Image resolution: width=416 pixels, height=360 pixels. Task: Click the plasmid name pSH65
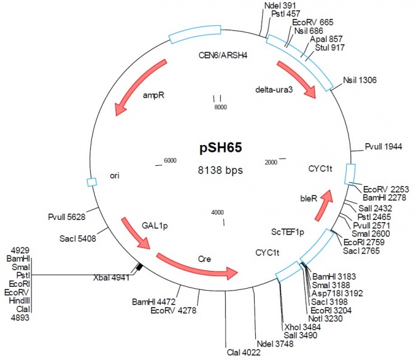click(x=217, y=148)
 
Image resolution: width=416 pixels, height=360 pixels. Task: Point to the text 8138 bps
click(x=217, y=170)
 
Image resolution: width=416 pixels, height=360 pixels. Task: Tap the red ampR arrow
click(x=139, y=88)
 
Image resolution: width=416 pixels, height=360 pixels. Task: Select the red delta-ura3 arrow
click(x=297, y=79)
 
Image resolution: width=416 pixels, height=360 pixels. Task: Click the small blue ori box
click(x=91, y=182)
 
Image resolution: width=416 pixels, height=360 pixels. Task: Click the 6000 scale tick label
click(x=171, y=161)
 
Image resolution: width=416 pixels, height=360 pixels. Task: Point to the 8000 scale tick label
click(x=219, y=108)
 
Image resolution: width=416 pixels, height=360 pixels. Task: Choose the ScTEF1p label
click(x=287, y=232)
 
